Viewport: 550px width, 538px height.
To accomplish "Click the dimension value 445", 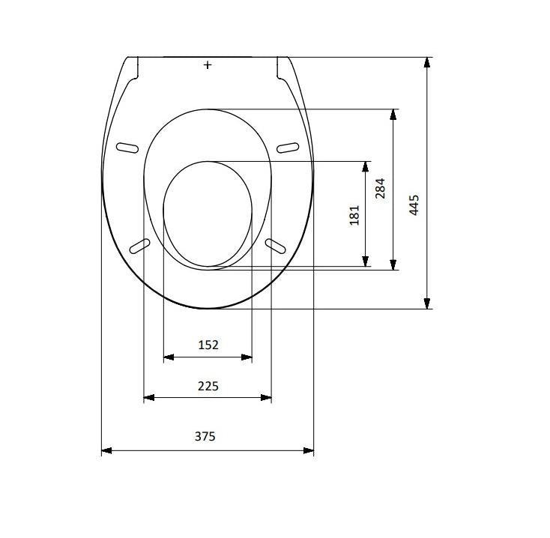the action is tap(414, 205).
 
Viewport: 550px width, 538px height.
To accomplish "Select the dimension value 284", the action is tap(380, 188).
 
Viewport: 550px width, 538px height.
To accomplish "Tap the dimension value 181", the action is tap(354, 215).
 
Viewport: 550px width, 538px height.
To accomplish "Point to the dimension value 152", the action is tap(208, 345).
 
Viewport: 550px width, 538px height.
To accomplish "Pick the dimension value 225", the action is tap(208, 386).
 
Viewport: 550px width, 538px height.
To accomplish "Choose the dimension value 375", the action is tap(205, 436).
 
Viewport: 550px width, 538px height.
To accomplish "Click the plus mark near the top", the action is tap(208, 65).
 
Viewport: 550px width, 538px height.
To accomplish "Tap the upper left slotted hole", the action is tap(127, 148).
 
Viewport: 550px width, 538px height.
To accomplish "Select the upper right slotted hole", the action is tap(288, 148).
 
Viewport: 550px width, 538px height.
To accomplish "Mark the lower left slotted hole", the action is tap(139, 246).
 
